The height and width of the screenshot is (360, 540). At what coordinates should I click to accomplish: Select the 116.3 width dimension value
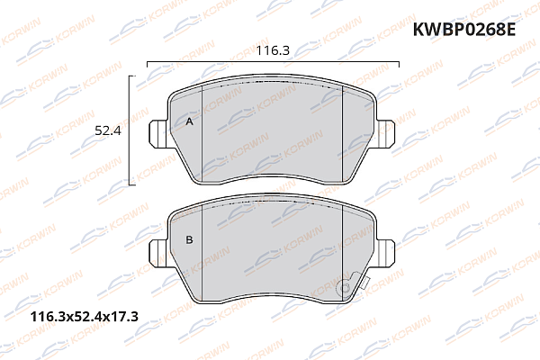272,50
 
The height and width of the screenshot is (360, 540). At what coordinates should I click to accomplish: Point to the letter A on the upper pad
189,121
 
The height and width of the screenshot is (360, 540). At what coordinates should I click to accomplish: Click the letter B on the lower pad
189,240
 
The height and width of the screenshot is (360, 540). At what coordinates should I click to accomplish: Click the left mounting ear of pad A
158,134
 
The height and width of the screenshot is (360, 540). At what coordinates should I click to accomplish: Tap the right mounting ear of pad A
385,134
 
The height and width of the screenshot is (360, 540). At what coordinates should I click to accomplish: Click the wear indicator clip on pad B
343,287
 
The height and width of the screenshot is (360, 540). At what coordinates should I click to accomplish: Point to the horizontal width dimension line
270,62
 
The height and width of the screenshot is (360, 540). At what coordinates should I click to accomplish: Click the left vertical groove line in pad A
204,135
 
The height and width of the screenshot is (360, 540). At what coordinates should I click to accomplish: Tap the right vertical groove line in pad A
343,135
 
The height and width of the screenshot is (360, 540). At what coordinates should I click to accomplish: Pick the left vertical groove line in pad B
203,252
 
